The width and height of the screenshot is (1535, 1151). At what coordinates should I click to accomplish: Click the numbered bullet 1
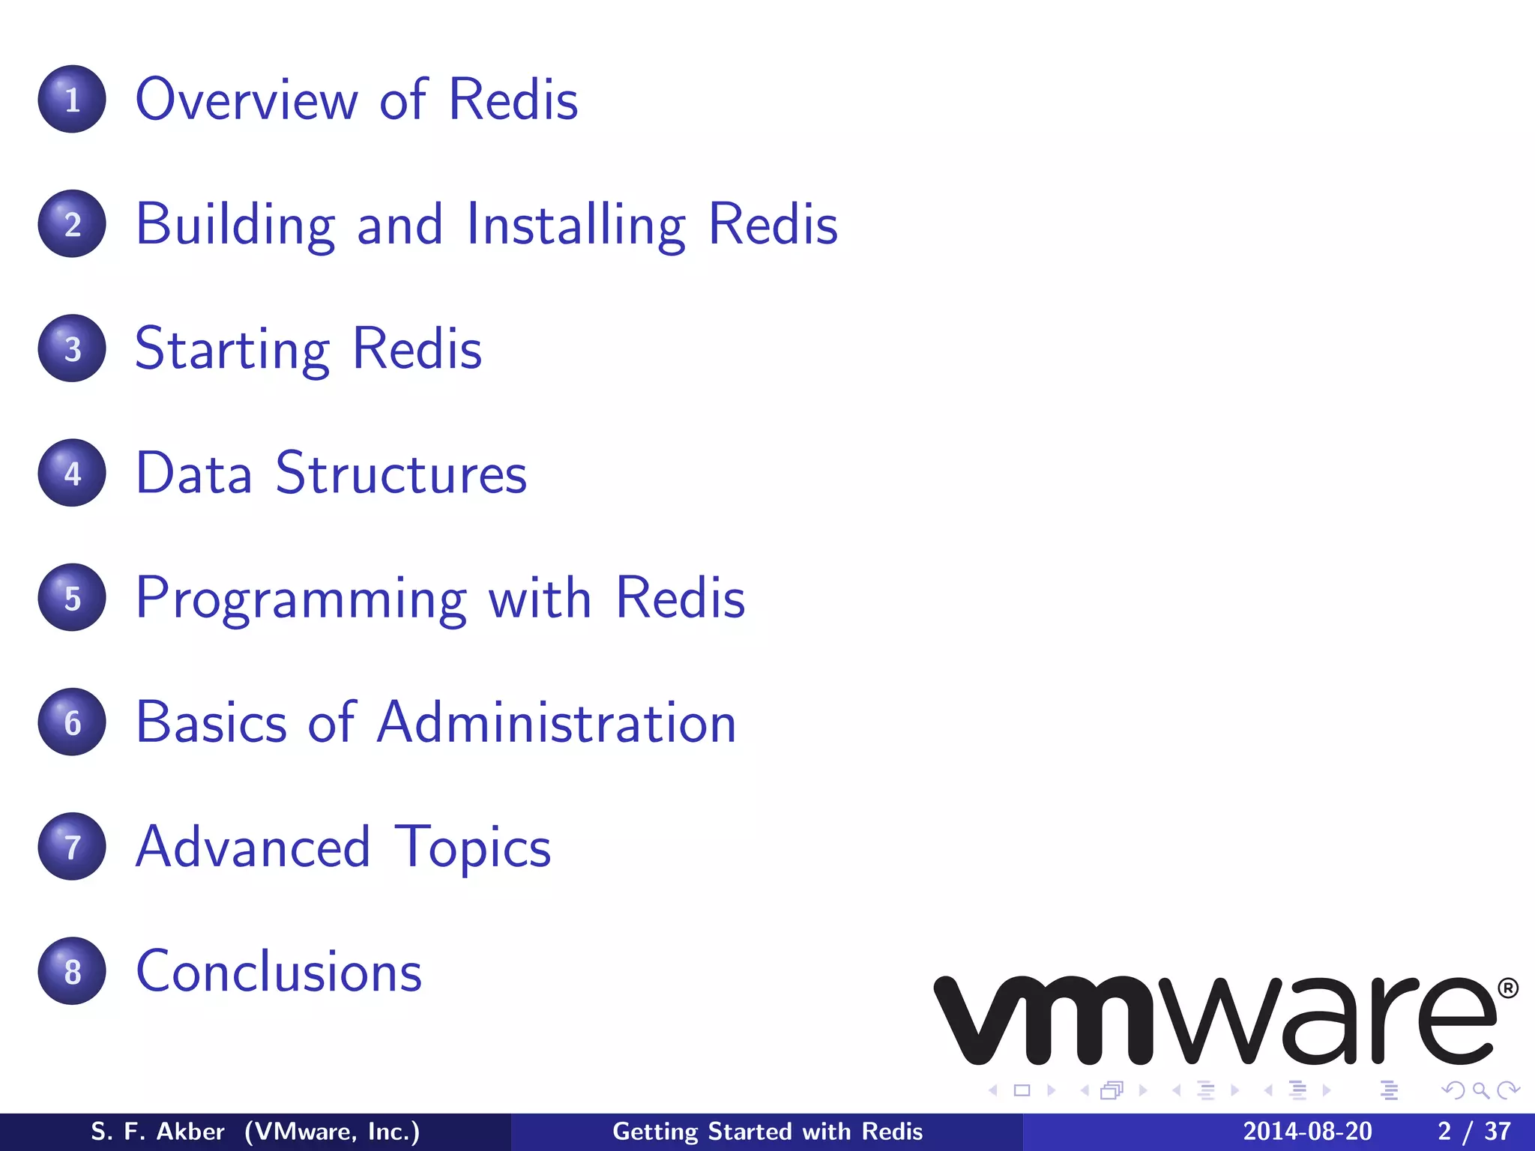(72, 99)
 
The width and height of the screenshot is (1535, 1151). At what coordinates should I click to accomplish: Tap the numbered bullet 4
(72, 473)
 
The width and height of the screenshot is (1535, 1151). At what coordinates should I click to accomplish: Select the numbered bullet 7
(72, 847)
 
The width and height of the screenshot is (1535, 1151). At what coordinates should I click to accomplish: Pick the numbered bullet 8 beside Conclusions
(72, 971)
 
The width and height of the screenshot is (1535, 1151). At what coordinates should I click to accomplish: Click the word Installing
(576, 225)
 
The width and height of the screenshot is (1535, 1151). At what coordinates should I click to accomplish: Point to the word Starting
(232, 350)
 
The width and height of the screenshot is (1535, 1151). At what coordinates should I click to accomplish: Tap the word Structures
(402, 474)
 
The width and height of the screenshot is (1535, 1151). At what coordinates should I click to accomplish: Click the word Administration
(557, 722)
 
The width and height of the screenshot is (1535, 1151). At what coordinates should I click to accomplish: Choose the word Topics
(472, 848)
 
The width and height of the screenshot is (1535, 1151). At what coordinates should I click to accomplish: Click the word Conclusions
(279, 971)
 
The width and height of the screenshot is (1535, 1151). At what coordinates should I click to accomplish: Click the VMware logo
(1214, 1021)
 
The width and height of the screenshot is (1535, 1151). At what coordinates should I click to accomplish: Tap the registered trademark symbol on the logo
(1508, 988)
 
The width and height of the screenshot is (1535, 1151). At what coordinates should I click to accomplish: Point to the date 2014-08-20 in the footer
(1307, 1132)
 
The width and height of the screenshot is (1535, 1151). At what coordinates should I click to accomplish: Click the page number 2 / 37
(1474, 1132)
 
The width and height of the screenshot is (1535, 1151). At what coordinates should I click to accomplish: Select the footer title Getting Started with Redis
(767, 1132)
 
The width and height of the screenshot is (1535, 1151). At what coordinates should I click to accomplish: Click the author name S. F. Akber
(157, 1132)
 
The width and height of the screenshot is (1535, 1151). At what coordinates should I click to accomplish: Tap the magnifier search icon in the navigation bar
(1480, 1090)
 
